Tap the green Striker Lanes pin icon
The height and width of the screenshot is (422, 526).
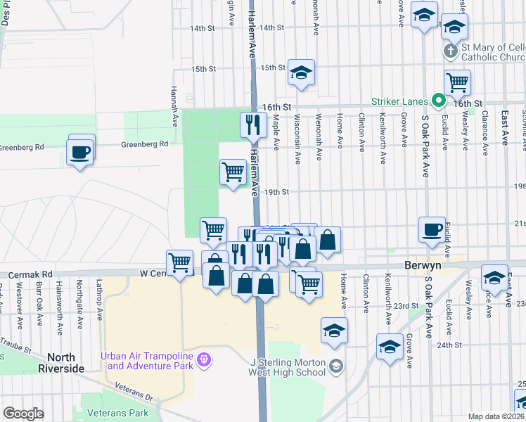439,101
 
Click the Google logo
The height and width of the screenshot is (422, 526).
23,414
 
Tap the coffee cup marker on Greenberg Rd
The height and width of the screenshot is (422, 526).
81,151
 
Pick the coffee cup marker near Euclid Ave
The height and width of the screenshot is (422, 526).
432,229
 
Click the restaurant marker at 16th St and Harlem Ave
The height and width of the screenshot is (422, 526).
252,125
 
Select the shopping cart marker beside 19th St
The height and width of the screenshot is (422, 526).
233,171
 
